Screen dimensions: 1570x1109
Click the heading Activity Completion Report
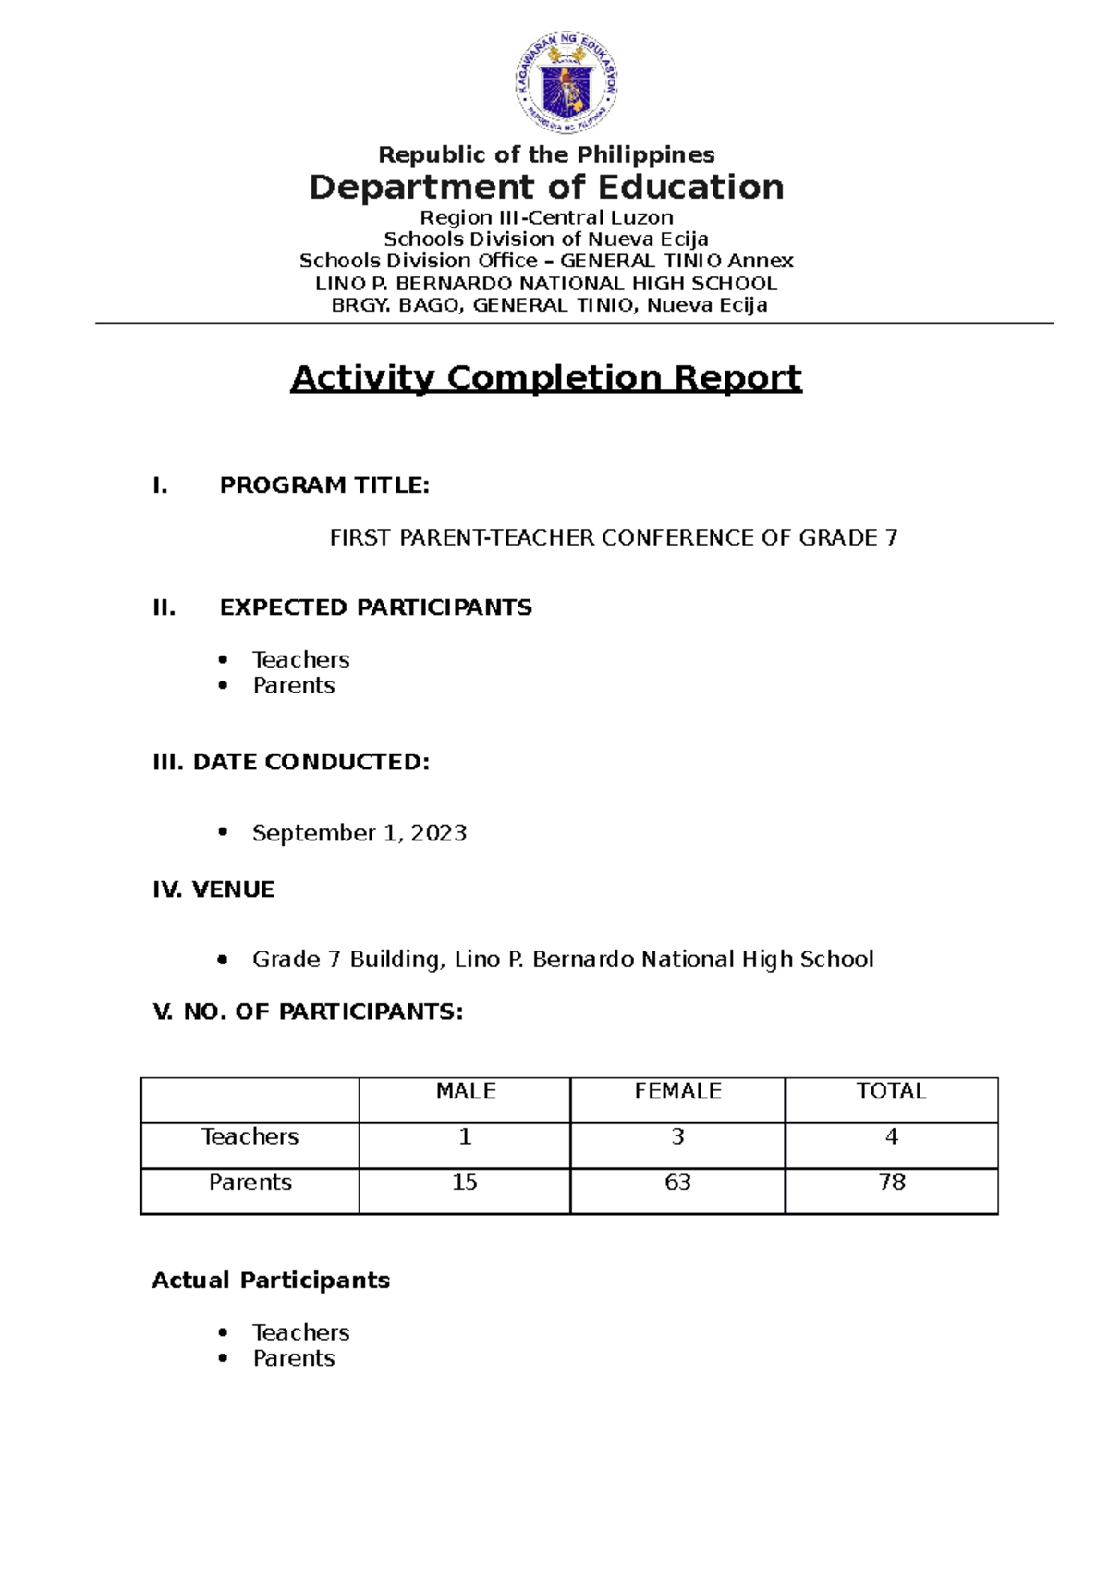[546, 378]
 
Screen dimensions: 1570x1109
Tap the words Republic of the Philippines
[546, 154]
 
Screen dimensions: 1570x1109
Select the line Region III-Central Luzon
[546, 217]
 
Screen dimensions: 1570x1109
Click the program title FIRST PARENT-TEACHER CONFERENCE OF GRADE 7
[614, 537]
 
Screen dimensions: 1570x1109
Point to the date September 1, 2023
[359, 833]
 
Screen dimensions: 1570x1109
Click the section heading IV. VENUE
[213, 889]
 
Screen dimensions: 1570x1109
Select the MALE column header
[466, 1091]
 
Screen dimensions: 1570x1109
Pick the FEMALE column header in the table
[677, 1091]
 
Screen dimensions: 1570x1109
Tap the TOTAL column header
[891, 1091]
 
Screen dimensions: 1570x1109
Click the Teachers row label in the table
[250, 1136]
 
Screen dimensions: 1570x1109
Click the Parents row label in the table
[250, 1183]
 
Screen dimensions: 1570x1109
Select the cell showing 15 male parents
[465, 1183]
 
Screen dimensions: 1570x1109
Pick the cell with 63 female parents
[677, 1183]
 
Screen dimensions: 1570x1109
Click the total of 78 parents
[892, 1183]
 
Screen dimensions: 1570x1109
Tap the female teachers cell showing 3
[677, 1136]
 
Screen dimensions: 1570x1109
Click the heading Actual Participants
[271, 1281]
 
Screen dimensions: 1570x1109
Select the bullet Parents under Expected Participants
[294, 686]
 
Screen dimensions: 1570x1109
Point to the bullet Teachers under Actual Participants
[300, 1332]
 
